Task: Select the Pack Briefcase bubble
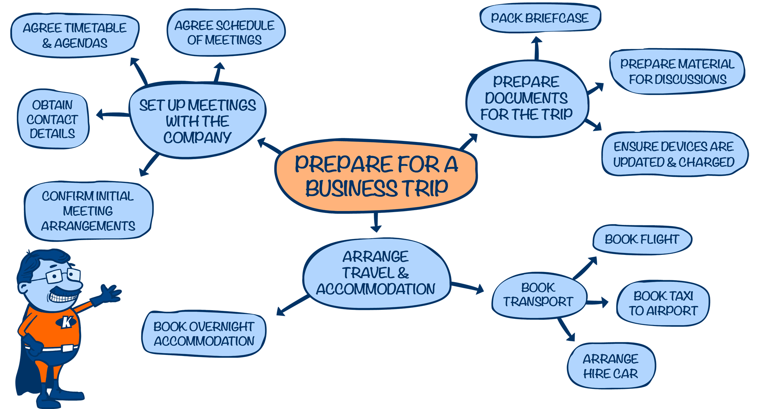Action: coord(540,18)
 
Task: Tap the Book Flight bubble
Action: coord(642,239)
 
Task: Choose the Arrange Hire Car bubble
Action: coord(611,366)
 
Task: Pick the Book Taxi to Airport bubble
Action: coord(663,303)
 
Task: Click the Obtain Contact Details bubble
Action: coord(53,119)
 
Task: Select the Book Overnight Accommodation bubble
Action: coord(204,334)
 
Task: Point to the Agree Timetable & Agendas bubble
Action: coord(75,35)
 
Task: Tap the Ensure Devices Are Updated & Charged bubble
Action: coord(674,154)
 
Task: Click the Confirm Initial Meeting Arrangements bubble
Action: coord(88,211)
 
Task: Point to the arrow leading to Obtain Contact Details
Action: coord(113,114)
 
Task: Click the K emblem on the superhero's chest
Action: coord(67,322)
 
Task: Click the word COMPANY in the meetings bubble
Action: coord(197,137)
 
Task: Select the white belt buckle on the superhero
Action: coord(67,348)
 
